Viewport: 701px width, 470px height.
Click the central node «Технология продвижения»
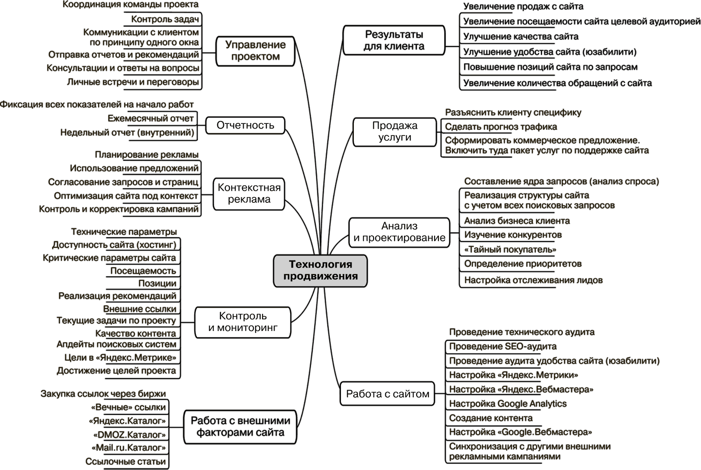coord(320,271)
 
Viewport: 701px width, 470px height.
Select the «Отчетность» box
coord(245,125)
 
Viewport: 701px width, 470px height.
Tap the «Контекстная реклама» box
coord(249,194)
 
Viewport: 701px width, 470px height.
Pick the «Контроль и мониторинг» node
coord(243,322)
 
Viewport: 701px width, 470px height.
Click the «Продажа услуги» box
coord(394,131)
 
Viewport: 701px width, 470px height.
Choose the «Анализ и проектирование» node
coord(399,232)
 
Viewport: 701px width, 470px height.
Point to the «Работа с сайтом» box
coord(387,394)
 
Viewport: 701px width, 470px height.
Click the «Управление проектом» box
coord(255,51)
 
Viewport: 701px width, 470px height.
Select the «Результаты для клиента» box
coord(394,41)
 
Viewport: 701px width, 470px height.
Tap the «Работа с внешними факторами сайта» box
coord(240,426)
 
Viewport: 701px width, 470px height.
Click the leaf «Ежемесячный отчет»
coord(151,119)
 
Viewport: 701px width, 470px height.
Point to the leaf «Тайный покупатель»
coord(510,250)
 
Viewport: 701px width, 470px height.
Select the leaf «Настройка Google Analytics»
coord(508,404)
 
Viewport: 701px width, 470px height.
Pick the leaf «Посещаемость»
coord(143,271)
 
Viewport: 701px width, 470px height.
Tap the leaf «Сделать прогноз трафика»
coord(501,127)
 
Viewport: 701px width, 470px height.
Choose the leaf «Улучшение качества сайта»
coord(521,36)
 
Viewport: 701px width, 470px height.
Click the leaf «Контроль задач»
coord(165,19)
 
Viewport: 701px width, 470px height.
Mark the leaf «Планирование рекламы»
coord(146,155)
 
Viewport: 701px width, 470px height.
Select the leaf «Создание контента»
coord(491,418)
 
